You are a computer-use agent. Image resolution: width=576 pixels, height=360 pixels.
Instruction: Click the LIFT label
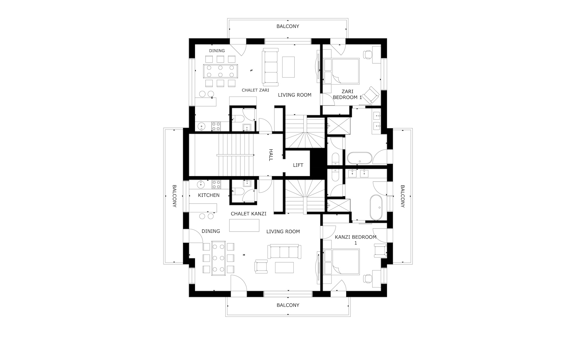point(298,165)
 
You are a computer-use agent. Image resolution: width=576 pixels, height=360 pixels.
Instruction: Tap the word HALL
point(270,155)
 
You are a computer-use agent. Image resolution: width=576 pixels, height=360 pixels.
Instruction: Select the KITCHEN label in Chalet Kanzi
point(209,195)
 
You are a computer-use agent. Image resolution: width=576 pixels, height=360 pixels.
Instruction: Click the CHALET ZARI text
point(255,90)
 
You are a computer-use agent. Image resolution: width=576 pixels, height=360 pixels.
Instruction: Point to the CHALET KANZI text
point(248,214)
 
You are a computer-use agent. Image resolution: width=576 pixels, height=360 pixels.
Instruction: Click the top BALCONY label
point(288,26)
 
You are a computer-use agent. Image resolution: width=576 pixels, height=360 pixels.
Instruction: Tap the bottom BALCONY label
point(288,305)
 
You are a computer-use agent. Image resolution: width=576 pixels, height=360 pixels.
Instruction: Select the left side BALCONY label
point(174,196)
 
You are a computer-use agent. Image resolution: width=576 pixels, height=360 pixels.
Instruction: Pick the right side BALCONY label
point(403,196)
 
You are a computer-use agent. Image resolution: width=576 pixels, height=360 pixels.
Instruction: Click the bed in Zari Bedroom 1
point(342,71)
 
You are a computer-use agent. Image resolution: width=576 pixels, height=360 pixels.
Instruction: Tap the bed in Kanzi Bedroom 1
point(342,262)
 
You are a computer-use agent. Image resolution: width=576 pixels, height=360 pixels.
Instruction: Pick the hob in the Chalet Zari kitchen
point(216,126)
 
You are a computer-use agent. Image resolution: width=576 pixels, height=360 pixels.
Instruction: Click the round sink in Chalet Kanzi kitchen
point(201,184)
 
